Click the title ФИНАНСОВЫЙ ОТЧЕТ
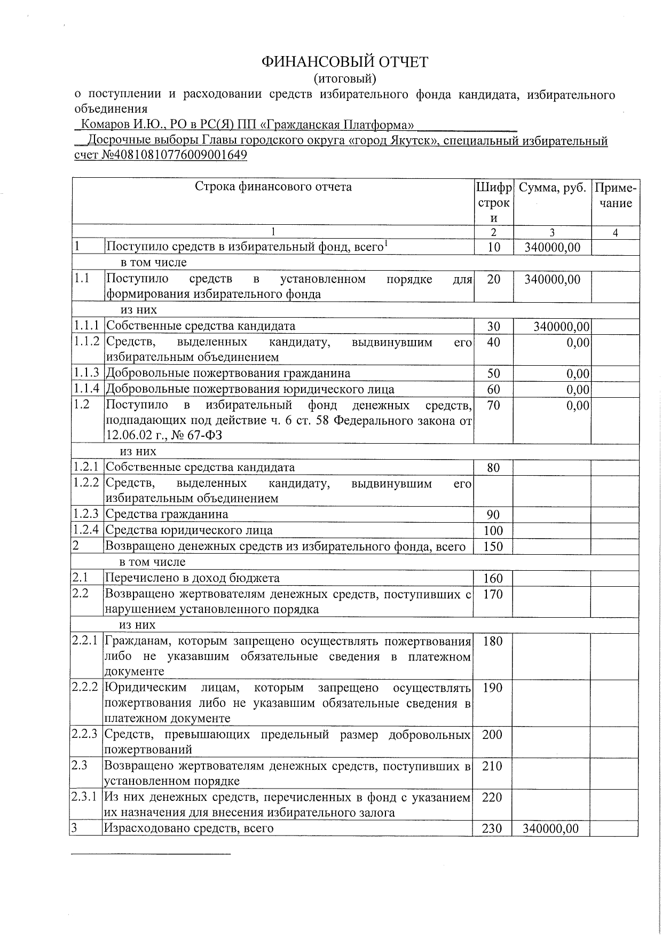(x=344, y=62)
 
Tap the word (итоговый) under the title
(x=344, y=79)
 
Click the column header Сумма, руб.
(x=552, y=188)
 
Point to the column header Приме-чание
(x=615, y=195)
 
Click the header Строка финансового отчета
(x=273, y=187)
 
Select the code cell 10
(x=494, y=247)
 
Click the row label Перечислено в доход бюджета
(x=192, y=578)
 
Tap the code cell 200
(x=492, y=735)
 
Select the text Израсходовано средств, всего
(x=188, y=829)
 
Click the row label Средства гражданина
(x=167, y=515)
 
